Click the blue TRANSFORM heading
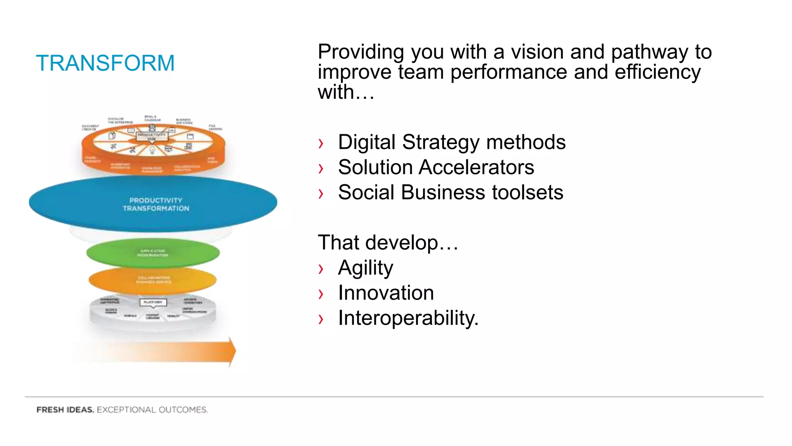(x=105, y=63)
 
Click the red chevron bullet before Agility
(x=321, y=269)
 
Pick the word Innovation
(x=386, y=293)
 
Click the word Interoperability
(x=408, y=318)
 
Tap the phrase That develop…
(x=388, y=243)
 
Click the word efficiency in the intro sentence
(x=657, y=72)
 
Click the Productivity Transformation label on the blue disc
(x=156, y=204)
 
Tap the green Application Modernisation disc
(x=153, y=253)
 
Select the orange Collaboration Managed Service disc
(x=153, y=280)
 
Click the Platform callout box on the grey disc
(x=153, y=302)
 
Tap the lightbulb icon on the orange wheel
(x=152, y=150)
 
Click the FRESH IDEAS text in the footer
(x=65, y=410)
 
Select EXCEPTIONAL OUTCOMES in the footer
(x=152, y=410)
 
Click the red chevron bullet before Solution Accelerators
(x=321, y=168)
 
